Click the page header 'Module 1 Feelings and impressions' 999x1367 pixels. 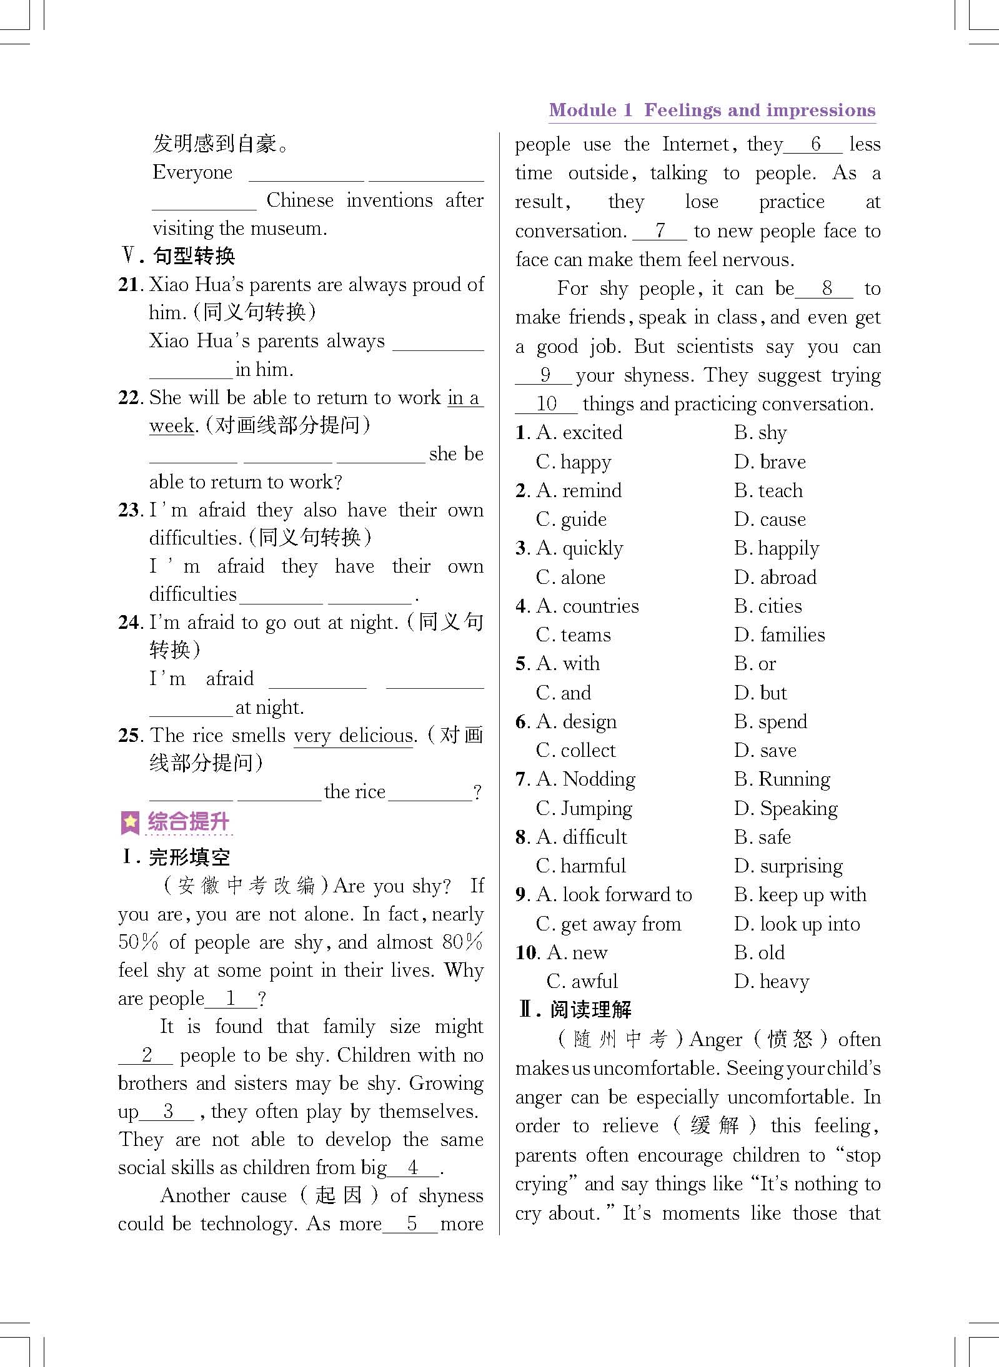click(712, 111)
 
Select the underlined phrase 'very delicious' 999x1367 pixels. click(354, 736)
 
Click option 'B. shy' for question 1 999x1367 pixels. click(760, 433)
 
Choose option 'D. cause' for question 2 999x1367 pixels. click(770, 520)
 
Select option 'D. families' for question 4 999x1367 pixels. click(779, 635)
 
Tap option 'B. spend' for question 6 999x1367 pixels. click(770, 722)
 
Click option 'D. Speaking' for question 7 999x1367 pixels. click(786, 809)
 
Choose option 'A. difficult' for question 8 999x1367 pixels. click(581, 837)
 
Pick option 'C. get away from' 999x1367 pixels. click(608, 924)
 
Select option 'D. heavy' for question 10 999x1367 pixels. click(772, 982)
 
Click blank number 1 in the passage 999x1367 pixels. click(231, 999)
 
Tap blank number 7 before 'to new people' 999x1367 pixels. click(660, 231)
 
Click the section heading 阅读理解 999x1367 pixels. click(590, 1010)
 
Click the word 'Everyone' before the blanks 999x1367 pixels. click(192, 172)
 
